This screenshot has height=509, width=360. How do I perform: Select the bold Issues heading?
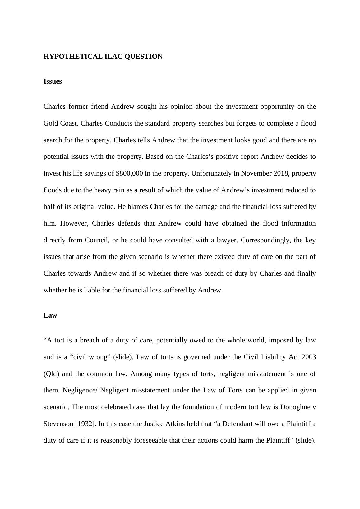point(53,81)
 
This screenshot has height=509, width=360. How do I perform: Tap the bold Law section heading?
point(50,315)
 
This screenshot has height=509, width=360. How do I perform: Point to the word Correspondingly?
point(266,240)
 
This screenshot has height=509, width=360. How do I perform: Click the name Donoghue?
point(295,407)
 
